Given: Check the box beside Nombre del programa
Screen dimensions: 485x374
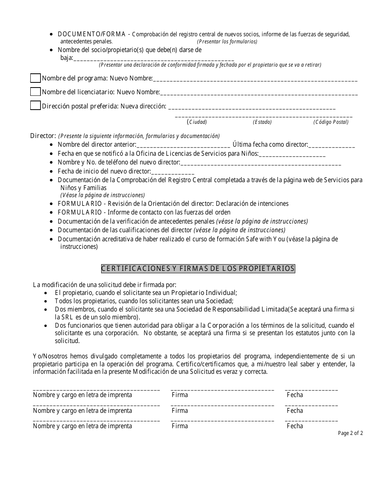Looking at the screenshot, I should coord(35,78).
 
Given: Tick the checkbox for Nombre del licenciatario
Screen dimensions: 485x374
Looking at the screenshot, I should coord(35,91).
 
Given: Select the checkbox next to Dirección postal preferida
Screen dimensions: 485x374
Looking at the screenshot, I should coord(35,106).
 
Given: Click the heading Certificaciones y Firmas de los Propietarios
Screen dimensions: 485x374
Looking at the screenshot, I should coord(198,269).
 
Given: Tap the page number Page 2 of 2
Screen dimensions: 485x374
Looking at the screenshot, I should coord(350,433).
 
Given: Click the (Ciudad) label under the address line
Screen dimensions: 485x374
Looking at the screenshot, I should coord(198,122).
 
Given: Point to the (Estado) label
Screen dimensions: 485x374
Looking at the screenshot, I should coord(262,122).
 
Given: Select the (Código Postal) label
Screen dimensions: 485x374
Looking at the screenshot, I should coord(331,122).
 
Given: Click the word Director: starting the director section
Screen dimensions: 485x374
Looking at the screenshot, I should coord(43,136).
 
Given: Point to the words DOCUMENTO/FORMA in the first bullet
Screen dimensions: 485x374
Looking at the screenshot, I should coord(91,34).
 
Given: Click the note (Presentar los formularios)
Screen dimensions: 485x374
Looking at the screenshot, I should coord(227,41).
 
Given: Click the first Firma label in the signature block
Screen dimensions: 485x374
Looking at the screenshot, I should coord(180,395).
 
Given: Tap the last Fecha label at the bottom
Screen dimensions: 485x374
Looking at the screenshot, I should coord(295,426).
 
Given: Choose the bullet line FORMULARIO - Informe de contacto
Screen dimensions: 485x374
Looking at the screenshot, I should coord(144,213).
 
